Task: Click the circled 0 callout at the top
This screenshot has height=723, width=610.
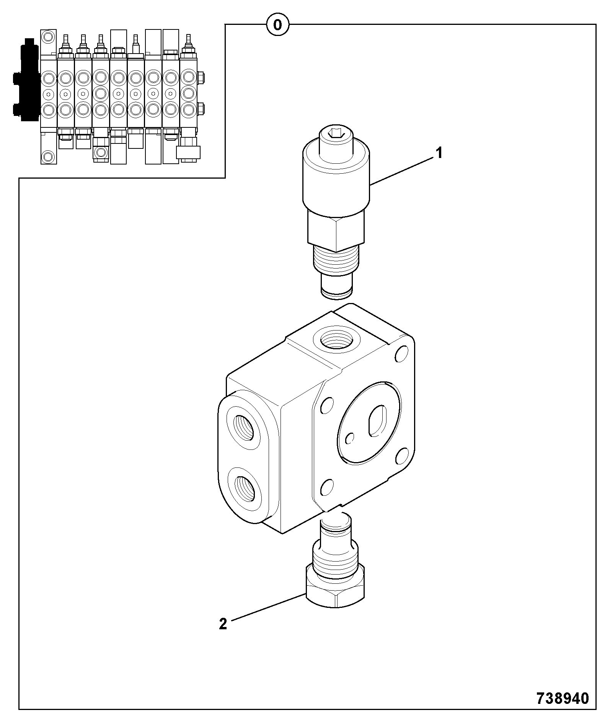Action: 277,25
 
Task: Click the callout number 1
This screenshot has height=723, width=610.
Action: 439,154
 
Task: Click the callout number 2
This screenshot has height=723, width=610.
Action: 223,624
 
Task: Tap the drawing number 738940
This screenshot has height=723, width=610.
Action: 562,699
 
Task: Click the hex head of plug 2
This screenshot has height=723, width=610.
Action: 335,591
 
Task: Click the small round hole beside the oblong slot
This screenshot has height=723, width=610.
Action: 349,438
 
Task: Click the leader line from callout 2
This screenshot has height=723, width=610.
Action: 268,606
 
